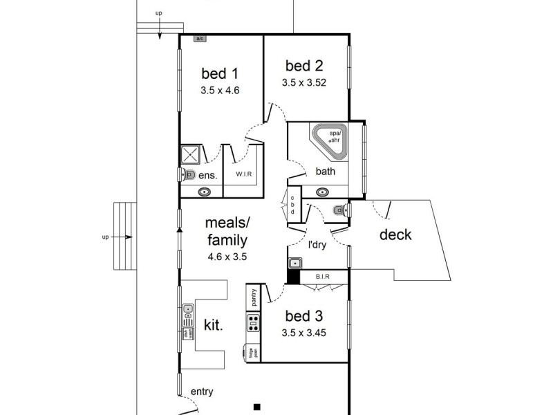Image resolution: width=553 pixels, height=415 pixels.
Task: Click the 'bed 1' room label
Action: [x=219, y=73]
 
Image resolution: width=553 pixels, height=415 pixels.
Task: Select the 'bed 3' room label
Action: [x=304, y=317]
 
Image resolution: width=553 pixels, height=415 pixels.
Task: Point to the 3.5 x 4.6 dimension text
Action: [x=219, y=90]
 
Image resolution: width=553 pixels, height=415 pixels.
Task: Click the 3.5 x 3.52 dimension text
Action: [x=304, y=82]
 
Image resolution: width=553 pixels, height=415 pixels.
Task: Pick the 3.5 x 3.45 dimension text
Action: [x=304, y=332]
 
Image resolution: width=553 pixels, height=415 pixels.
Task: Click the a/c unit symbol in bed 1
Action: [x=200, y=39]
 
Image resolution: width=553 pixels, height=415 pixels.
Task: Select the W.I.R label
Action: [x=243, y=174]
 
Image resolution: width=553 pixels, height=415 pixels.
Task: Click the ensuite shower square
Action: [x=190, y=154]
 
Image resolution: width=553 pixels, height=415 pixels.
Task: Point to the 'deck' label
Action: [x=395, y=234]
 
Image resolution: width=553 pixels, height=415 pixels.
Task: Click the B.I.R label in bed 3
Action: [x=322, y=277]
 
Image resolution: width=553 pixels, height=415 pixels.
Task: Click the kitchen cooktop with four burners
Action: [x=253, y=322]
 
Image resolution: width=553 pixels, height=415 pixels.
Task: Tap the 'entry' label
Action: [x=201, y=391]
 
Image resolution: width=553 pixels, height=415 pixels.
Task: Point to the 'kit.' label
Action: [x=213, y=324]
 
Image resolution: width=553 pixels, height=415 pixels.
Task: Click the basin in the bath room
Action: [x=322, y=192]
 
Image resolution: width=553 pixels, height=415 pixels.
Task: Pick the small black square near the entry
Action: [x=256, y=406]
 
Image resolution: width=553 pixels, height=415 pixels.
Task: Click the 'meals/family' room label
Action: [x=227, y=231]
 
